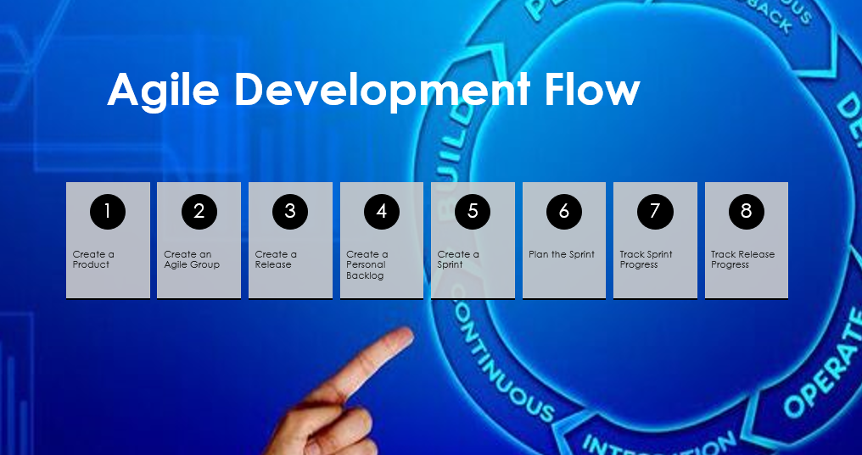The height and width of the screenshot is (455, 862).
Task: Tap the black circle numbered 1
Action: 108,212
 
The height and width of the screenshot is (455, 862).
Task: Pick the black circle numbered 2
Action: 199,212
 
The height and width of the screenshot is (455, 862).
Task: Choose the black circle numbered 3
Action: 290,212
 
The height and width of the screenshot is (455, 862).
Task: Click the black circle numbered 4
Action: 382,212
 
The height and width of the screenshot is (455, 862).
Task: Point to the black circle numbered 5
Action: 473,212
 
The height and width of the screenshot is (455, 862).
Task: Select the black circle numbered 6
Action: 564,212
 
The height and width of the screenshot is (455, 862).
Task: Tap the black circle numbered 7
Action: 655,212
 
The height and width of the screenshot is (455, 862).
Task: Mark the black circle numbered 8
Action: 747,212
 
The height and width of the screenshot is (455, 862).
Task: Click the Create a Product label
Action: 93,259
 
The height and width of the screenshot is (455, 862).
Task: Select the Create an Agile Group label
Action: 192,259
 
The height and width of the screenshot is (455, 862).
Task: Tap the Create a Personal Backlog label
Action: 367,264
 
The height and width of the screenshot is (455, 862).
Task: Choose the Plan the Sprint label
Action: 562,254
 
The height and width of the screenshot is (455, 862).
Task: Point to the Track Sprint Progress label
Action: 646,259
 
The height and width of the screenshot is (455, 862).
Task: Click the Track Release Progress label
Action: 742,259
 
